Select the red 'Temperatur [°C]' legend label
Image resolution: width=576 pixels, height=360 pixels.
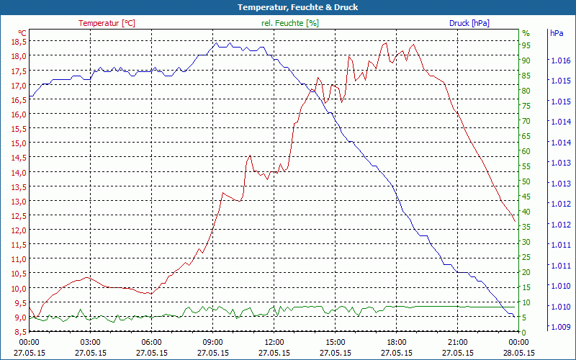(x=107, y=23)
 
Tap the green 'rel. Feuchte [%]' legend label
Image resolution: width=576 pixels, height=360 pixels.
(x=290, y=23)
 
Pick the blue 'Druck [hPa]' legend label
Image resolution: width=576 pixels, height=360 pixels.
(x=469, y=23)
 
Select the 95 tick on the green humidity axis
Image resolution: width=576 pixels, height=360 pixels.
(x=526, y=45)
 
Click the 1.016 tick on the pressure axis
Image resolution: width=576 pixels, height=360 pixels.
(x=559, y=60)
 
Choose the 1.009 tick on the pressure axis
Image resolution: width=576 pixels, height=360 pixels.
(x=559, y=327)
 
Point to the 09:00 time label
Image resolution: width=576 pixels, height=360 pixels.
(x=212, y=342)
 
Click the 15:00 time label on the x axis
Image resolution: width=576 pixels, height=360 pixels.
(x=335, y=342)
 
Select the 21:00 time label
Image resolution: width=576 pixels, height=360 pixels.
(x=457, y=342)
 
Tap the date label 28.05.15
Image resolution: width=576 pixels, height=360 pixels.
(x=519, y=353)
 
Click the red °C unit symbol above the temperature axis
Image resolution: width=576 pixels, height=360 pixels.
(x=22, y=33)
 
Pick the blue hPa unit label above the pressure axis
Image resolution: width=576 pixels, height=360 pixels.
(x=557, y=33)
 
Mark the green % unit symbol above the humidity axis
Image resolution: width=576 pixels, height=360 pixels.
(x=526, y=33)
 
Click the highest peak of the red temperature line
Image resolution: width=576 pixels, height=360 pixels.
(x=385, y=42)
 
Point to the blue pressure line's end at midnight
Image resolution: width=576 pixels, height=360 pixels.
(x=515, y=317)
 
